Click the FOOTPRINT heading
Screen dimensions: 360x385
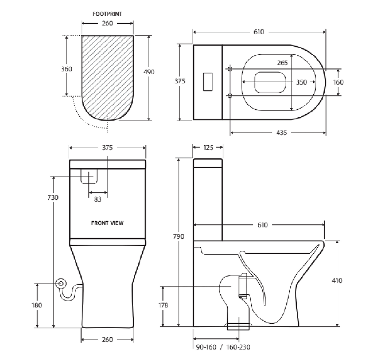point(107,14)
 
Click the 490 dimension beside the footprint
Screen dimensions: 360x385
point(149,72)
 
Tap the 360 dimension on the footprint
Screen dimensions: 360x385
point(67,69)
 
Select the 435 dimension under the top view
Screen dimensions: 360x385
point(282,133)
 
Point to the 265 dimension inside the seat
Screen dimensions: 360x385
point(282,63)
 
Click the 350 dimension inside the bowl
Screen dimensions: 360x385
point(301,82)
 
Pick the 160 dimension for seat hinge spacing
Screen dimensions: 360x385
point(338,82)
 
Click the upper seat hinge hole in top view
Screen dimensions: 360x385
point(230,69)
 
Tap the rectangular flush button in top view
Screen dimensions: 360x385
point(208,81)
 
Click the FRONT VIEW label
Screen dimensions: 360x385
point(107,223)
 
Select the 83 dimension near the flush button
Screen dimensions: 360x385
point(98,199)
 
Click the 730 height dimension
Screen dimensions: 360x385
point(53,197)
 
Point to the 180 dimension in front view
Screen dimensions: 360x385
point(37,305)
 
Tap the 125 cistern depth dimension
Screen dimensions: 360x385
point(208,147)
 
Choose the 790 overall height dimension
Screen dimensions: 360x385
point(179,236)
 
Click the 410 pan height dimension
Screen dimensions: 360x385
point(337,280)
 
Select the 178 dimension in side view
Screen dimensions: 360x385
point(163,305)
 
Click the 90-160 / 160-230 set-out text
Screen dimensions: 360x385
point(223,347)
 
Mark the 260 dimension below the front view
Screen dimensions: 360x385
point(107,340)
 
